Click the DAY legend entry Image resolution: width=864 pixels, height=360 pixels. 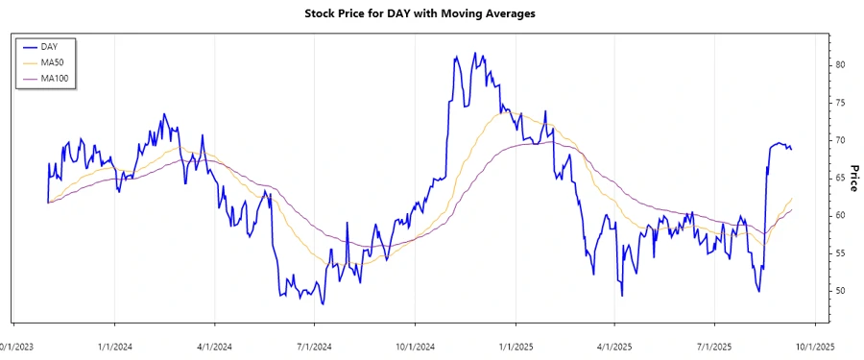point(49,46)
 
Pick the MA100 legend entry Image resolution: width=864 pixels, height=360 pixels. point(54,78)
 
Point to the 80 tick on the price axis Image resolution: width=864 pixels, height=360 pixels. point(839,65)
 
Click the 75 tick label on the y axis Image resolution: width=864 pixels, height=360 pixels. point(839,103)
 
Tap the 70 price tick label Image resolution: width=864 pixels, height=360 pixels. point(839,140)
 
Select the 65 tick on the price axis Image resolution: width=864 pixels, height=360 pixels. point(839,178)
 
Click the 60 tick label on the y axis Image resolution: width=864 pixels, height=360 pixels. point(839,215)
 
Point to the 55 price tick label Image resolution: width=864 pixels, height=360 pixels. point(839,252)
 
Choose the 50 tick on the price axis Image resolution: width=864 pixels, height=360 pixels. point(839,290)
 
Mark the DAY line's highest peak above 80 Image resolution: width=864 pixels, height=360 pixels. point(453,56)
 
